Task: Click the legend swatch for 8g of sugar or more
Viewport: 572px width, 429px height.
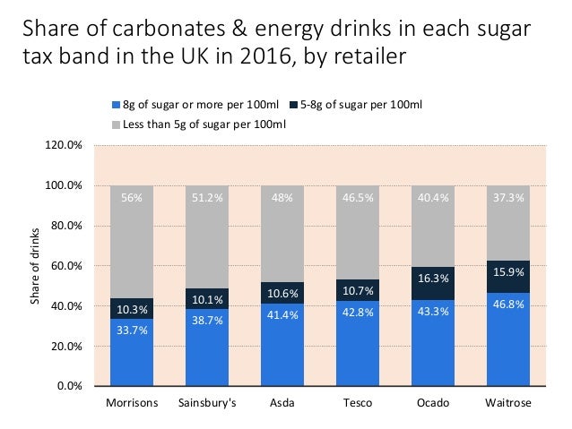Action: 115,105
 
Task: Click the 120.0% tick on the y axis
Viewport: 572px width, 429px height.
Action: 67,145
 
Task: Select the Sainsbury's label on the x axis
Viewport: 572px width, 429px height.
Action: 208,403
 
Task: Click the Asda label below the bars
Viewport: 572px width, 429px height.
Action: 282,403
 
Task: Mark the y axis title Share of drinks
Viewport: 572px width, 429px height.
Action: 36,266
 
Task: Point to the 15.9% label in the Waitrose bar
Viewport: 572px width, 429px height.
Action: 507,272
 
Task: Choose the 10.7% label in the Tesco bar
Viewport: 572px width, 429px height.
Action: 358,292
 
